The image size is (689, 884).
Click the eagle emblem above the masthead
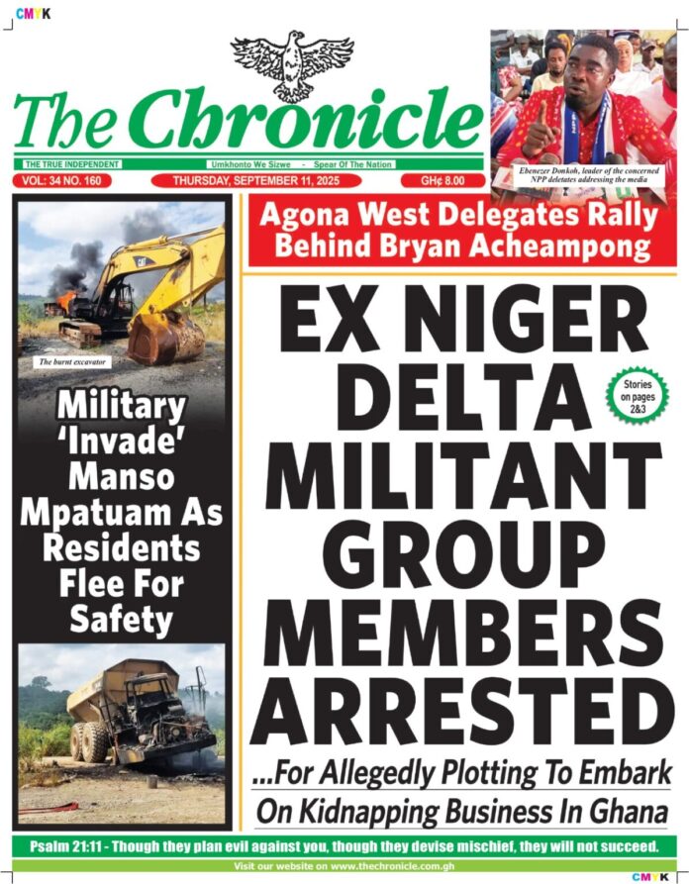click(x=292, y=62)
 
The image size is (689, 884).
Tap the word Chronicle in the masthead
click(x=307, y=122)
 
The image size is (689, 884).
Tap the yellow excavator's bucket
click(x=163, y=337)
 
